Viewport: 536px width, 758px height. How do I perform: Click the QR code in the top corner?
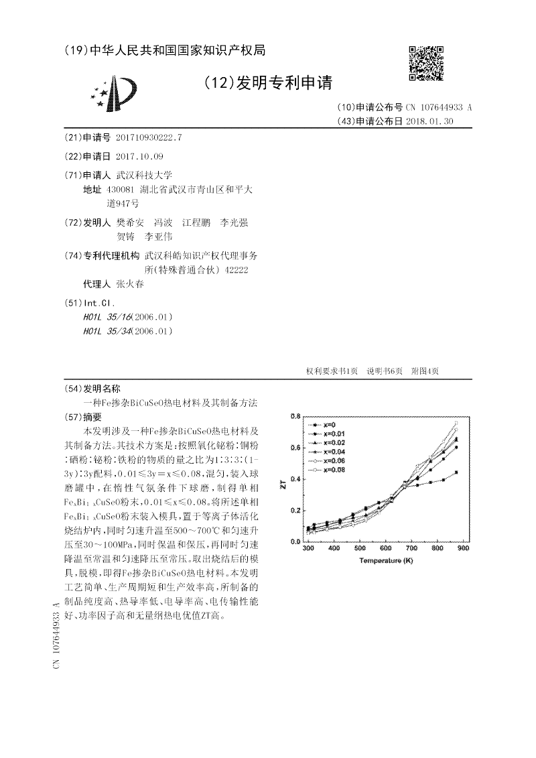point(426,64)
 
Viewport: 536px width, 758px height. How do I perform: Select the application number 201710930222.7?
point(149,137)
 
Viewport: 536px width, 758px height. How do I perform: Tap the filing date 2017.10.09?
point(139,156)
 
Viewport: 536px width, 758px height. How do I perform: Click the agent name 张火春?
point(130,283)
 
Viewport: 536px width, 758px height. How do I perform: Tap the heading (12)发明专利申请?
point(267,82)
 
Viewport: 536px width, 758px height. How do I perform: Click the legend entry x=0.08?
point(334,470)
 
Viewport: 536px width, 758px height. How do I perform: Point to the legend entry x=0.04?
point(334,452)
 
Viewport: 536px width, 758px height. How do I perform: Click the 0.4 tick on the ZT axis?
point(295,479)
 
